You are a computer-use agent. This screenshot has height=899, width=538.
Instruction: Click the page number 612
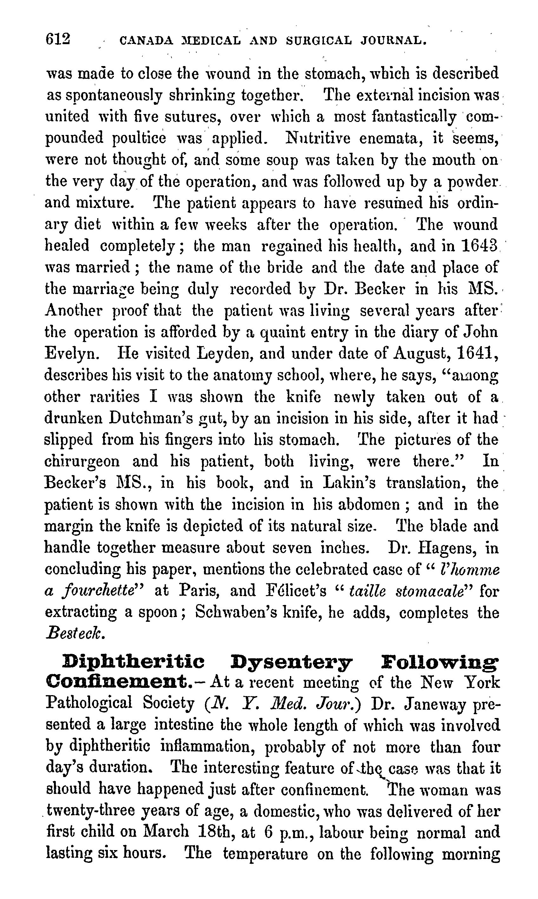[x=58, y=39]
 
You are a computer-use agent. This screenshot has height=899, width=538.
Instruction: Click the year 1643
[x=479, y=246]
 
